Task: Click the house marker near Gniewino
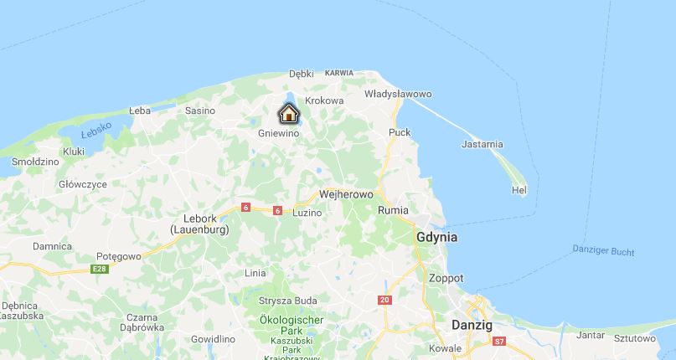(x=289, y=114)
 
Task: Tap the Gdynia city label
(x=436, y=237)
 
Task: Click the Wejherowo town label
(x=346, y=193)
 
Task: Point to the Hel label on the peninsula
(x=519, y=191)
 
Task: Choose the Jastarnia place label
(x=482, y=145)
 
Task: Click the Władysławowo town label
(x=398, y=94)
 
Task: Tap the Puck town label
(x=400, y=132)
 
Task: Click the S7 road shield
(x=499, y=342)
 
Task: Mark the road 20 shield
(x=385, y=300)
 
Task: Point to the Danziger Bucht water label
(x=603, y=250)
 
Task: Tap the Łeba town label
(x=140, y=111)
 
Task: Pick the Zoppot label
(x=446, y=278)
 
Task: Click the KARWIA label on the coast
(x=339, y=74)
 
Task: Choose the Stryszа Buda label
(x=287, y=301)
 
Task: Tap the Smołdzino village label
(x=35, y=161)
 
